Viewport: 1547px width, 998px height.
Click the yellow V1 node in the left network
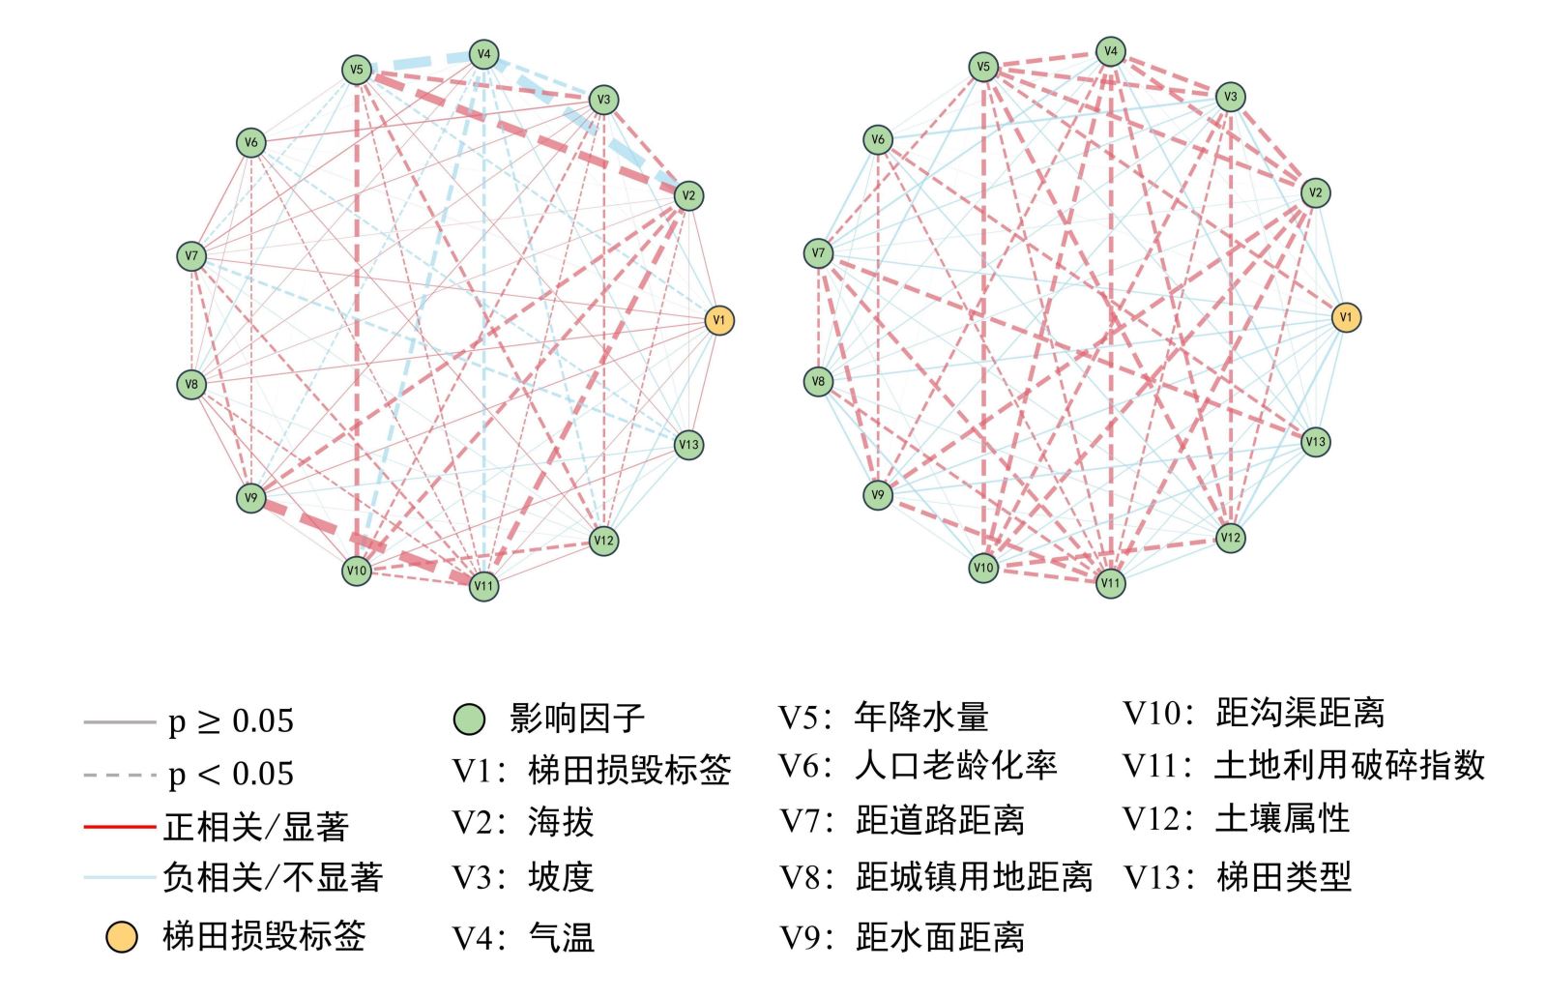(718, 320)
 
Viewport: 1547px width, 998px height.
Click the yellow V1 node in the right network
(1346, 316)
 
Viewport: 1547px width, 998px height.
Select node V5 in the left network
(357, 70)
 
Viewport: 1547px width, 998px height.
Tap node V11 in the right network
(1110, 582)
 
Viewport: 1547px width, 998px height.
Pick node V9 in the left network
(251, 498)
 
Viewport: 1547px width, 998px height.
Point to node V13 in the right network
(1315, 442)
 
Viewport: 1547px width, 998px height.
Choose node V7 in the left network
(191, 256)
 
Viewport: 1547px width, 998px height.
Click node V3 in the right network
(1230, 97)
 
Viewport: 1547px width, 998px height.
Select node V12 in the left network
(603, 541)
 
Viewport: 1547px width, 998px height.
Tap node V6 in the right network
(877, 139)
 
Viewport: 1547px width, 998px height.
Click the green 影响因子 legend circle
(469, 719)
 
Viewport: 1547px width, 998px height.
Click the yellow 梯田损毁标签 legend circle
(121, 936)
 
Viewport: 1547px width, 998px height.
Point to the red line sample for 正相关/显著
(119, 827)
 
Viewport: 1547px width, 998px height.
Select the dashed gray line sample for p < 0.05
(119, 775)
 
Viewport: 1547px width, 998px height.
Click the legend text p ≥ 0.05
(230, 721)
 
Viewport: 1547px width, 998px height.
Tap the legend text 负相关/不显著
(273, 878)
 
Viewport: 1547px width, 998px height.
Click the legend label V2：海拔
(522, 823)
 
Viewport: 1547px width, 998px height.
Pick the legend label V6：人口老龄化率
(918, 766)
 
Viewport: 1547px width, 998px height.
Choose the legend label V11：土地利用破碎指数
(1303, 766)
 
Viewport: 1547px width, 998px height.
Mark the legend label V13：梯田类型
(1237, 877)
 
